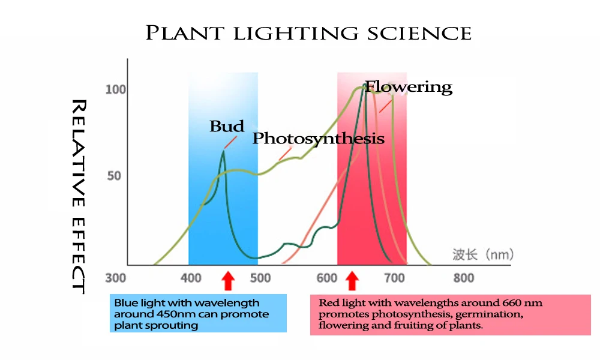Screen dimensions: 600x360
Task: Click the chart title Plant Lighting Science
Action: (x=308, y=33)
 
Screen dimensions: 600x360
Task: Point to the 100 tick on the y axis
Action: (x=116, y=89)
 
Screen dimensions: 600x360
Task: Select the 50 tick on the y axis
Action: (x=114, y=176)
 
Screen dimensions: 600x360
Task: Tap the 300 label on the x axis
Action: (x=116, y=278)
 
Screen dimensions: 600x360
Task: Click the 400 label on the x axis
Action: (x=191, y=278)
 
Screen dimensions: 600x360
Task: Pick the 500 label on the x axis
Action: (x=260, y=278)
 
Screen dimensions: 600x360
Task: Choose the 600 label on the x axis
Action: (x=327, y=278)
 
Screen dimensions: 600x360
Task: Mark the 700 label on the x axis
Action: (x=394, y=278)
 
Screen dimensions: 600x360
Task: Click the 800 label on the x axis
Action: (x=464, y=278)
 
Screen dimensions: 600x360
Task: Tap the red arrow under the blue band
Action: (x=228, y=281)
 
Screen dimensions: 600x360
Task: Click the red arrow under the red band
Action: (x=352, y=281)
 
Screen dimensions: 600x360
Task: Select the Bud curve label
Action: (x=227, y=126)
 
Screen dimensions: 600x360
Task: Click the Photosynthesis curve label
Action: (x=319, y=139)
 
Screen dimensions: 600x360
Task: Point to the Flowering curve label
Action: (x=409, y=87)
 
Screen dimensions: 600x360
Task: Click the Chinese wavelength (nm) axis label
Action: (x=483, y=254)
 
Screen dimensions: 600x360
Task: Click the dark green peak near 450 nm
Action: (x=223, y=152)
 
